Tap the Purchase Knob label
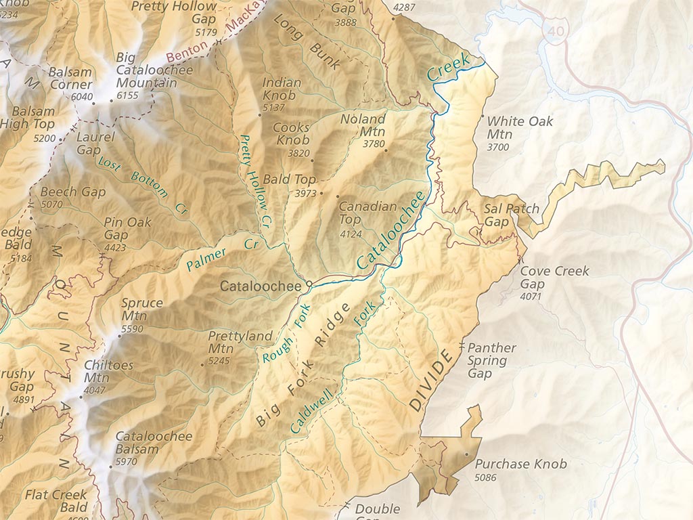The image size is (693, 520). (x=520, y=464)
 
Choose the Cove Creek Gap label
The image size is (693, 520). (x=554, y=278)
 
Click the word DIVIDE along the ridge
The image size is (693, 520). (x=430, y=381)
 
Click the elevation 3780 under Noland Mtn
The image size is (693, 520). (x=374, y=144)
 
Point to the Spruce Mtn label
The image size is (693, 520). (x=141, y=309)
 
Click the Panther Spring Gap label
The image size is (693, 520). (x=491, y=360)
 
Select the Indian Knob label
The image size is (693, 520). (x=279, y=89)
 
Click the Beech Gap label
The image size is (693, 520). (x=73, y=192)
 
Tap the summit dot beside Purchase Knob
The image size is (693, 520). (x=466, y=454)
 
